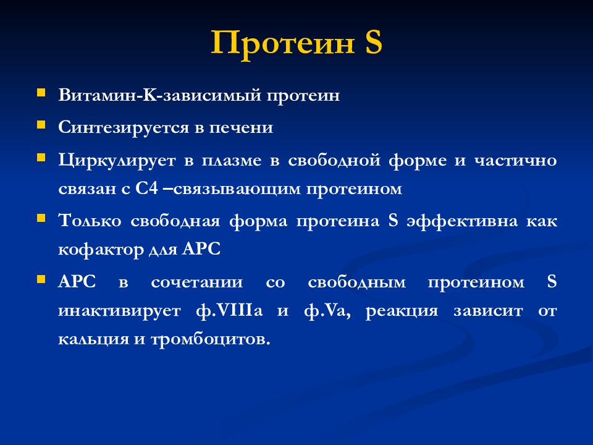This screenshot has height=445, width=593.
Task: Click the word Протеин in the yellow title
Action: (x=282, y=43)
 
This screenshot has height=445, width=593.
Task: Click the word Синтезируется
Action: (x=124, y=128)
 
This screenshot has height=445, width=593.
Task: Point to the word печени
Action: (x=241, y=128)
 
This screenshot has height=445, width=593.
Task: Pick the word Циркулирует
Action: (x=117, y=161)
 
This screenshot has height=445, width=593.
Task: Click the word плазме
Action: (x=232, y=161)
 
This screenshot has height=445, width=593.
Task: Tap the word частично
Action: (x=515, y=161)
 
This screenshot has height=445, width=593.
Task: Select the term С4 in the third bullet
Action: (x=146, y=188)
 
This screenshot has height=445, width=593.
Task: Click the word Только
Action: (x=90, y=221)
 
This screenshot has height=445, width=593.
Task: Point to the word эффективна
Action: (x=462, y=221)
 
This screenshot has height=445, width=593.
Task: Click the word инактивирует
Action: (x=119, y=311)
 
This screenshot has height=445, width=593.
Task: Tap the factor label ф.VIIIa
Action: (x=229, y=311)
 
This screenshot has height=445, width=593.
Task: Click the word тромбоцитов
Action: (x=211, y=339)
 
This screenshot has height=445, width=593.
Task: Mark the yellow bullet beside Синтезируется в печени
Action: (x=41, y=124)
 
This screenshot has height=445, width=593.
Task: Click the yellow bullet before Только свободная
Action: (x=41, y=218)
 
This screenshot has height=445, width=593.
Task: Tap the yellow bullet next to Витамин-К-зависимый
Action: (x=41, y=92)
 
